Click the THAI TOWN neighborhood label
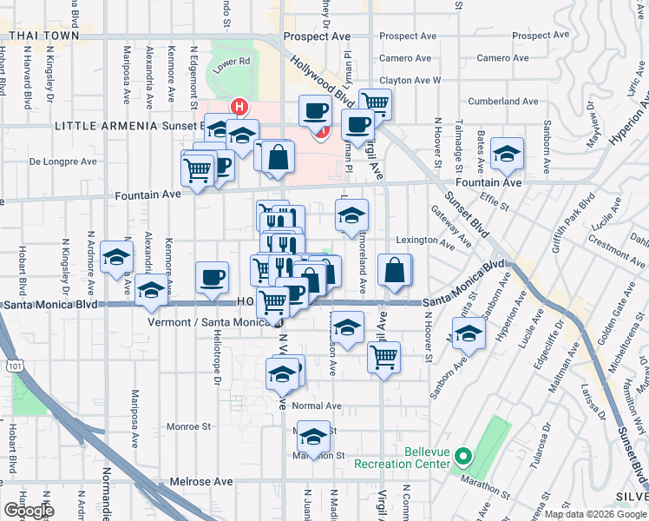(x=50, y=36)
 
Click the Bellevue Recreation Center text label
(x=403, y=458)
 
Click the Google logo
(x=28, y=510)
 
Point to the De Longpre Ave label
(x=62, y=162)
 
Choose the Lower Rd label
(x=232, y=63)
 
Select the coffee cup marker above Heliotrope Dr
(x=212, y=279)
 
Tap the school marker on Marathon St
(x=315, y=435)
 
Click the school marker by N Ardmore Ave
(x=116, y=258)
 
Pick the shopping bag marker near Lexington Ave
(x=395, y=271)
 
